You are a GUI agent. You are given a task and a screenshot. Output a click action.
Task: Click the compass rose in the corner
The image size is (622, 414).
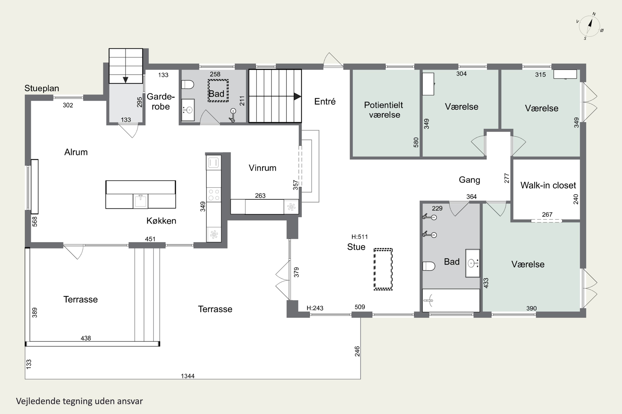pyautogui.click(x=589, y=26)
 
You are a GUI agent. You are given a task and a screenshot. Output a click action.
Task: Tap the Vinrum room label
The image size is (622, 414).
pyautogui.click(x=262, y=168)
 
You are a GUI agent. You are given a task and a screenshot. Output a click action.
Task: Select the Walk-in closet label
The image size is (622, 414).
pyautogui.click(x=548, y=185)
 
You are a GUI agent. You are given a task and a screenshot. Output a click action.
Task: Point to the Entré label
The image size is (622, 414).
pyautogui.click(x=325, y=101)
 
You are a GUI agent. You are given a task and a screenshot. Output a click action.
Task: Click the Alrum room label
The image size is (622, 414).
pyautogui.click(x=76, y=152)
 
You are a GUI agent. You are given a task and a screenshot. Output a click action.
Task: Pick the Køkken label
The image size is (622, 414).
pyautogui.click(x=161, y=221)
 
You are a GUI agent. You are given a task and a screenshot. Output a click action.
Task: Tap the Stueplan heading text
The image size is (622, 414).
pyautogui.click(x=42, y=88)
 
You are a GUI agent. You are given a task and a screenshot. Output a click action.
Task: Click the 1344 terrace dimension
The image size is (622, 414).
pyautogui.click(x=187, y=376)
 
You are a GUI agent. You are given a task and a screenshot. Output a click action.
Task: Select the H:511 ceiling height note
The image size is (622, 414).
pyautogui.click(x=359, y=237)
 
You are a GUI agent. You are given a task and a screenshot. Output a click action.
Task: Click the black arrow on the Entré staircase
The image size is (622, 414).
pyautogui.click(x=297, y=96)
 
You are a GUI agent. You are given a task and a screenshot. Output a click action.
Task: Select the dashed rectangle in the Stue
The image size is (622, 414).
pyautogui.click(x=383, y=269)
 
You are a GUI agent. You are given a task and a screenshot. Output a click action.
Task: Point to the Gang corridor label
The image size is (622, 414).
pyautogui.click(x=469, y=180)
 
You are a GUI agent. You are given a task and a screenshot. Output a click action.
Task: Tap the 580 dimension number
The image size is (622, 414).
pyautogui.click(x=416, y=142)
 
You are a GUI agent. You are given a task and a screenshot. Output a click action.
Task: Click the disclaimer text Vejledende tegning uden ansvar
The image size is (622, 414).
pyautogui.click(x=79, y=401)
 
